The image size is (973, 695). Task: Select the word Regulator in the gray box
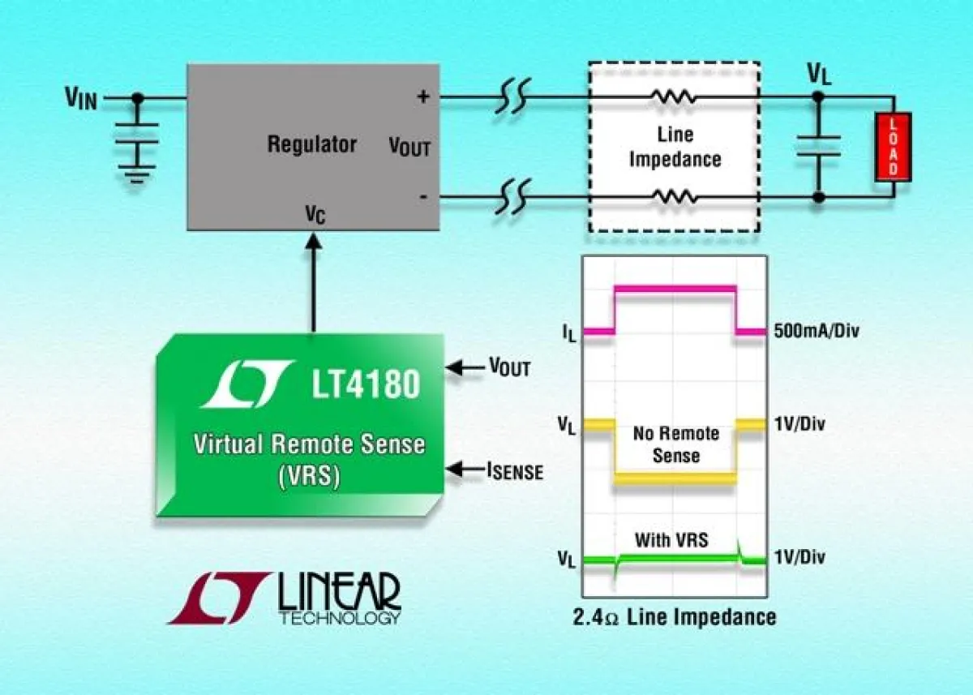(312, 145)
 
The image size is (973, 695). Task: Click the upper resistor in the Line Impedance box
(672, 97)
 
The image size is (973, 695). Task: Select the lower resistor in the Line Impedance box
(672, 196)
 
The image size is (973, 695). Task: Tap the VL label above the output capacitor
(819, 74)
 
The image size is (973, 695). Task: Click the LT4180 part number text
(366, 384)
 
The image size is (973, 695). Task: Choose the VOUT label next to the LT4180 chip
(509, 368)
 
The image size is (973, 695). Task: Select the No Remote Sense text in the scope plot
(675, 444)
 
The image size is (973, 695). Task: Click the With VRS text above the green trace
(671, 539)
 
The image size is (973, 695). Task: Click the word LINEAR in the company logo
(339, 592)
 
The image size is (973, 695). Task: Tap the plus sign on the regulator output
(422, 97)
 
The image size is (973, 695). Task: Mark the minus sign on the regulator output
(422, 197)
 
